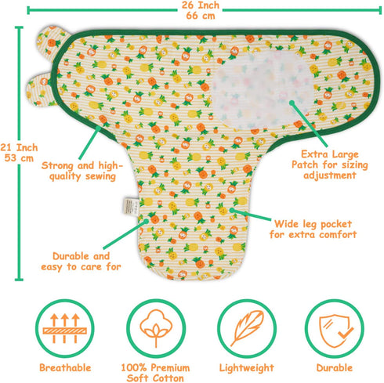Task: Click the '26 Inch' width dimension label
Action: tap(201, 5)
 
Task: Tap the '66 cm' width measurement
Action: tap(201, 16)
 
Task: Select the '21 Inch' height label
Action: tap(19, 147)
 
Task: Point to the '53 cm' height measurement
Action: tap(19, 158)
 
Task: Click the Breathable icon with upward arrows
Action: tap(64, 328)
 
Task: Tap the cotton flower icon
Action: tap(156, 328)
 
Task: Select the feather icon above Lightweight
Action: tap(247, 328)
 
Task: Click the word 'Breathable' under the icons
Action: tap(65, 367)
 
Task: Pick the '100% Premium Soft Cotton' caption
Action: tap(155, 373)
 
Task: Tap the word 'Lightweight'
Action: tap(247, 368)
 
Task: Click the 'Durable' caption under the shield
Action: tap(335, 367)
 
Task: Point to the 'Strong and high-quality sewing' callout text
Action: tap(82, 171)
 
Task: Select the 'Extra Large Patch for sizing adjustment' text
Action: tap(330, 164)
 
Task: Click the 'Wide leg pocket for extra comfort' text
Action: tap(313, 229)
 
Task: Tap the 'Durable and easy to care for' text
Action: tap(81, 262)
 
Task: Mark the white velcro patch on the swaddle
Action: tap(262, 90)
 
